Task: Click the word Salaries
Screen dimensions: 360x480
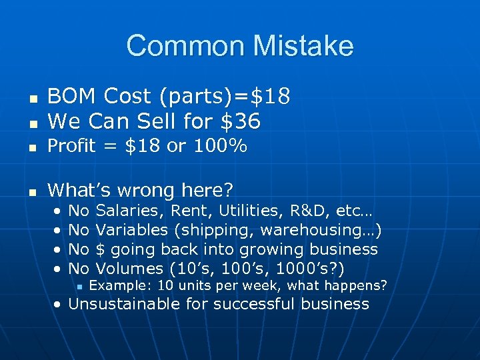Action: [131, 211]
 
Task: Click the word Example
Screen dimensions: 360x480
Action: [113, 286]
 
